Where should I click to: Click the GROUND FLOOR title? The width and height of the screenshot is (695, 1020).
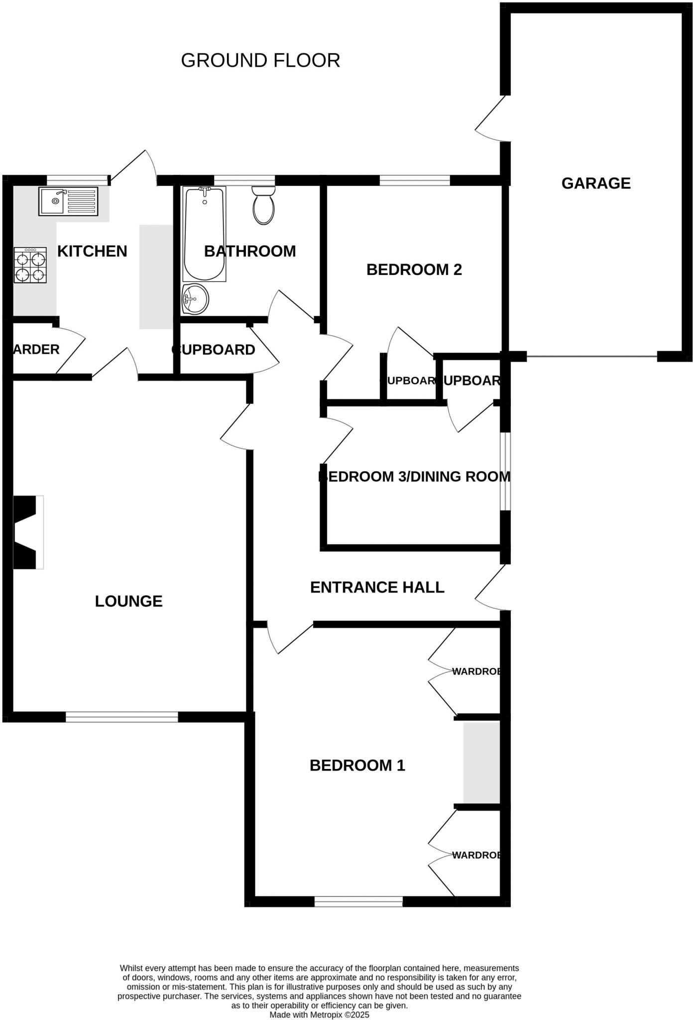click(260, 60)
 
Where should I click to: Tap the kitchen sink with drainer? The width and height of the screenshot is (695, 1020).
click(68, 201)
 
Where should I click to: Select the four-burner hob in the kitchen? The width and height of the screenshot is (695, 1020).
click(30, 265)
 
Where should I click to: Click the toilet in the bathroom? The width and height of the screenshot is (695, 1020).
click(263, 206)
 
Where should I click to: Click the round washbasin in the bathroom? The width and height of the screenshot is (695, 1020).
click(195, 299)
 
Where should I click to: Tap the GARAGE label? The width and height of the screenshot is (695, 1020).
click(596, 183)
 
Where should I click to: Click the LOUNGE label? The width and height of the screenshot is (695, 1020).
click(128, 601)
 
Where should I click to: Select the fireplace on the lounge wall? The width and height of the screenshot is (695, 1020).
click(27, 532)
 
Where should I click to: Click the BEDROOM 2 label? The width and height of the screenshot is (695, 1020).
click(414, 269)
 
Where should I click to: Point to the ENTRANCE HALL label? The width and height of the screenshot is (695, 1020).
click(377, 587)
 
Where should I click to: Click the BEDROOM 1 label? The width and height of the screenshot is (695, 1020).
click(357, 765)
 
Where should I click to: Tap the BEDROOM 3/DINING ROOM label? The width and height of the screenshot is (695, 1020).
click(414, 477)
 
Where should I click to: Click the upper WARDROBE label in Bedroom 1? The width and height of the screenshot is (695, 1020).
click(476, 671)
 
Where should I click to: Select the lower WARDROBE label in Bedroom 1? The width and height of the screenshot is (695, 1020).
click(476, 855)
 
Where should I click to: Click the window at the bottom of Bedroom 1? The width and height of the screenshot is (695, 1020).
click(358, 901)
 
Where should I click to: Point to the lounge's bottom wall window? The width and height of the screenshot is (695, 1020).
click(121, 717)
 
